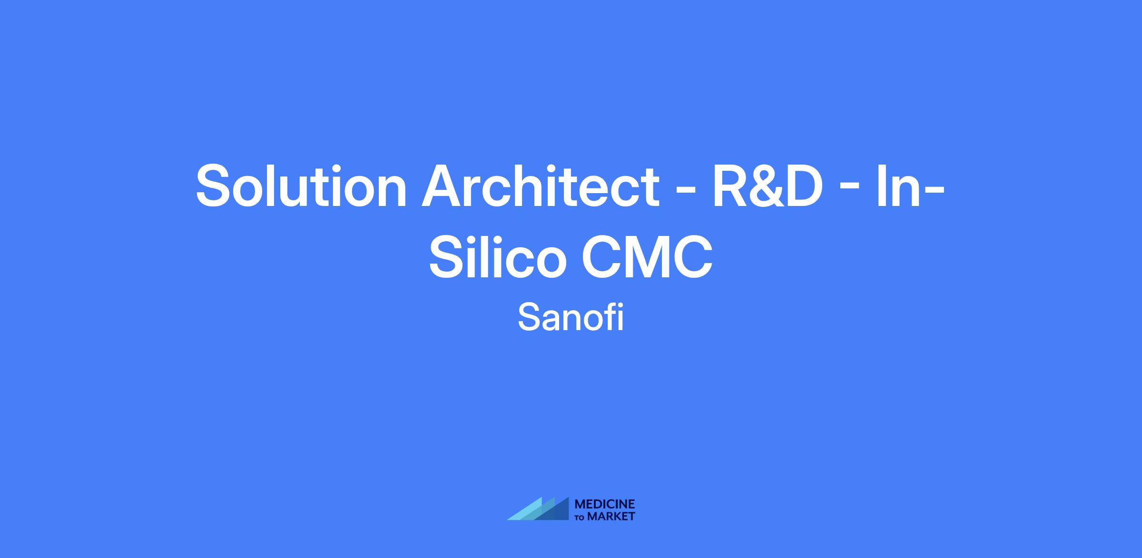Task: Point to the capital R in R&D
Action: click(x=730, y=186)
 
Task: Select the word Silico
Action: click(x=498, y=256)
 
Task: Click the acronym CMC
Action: click(x=647, y=257)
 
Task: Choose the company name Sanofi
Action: click(x=571, y=318)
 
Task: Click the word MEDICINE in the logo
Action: click(x=605, y=504)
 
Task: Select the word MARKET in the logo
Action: click(x=611, y=516)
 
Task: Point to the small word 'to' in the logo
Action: click(x=581, y=518)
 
